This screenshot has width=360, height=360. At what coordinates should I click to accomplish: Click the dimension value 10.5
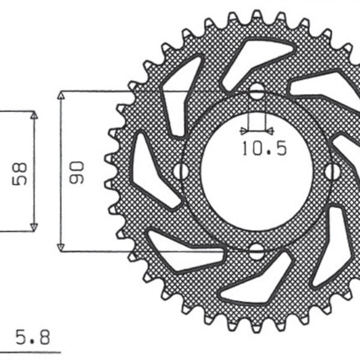pos(264,149)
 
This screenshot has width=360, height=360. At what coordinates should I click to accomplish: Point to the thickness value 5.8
pos(34,334)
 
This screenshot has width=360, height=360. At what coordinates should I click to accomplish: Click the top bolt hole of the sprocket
pos(257,93)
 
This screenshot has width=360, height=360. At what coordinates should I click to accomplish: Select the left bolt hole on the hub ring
pos(179,171)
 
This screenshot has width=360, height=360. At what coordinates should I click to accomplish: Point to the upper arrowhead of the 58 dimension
pos(34,116)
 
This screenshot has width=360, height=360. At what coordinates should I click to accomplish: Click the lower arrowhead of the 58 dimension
pos(34,226)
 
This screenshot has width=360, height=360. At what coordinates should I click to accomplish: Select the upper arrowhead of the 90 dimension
pos(61,96)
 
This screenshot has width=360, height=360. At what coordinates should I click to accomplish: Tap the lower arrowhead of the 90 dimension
pos(61,246)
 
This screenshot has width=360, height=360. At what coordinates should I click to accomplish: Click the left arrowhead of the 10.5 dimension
pos(243,130)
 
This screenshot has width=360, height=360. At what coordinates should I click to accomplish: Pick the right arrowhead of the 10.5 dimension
pos(270,130)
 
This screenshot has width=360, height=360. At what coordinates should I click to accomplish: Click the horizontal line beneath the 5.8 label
pos(30,352)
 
